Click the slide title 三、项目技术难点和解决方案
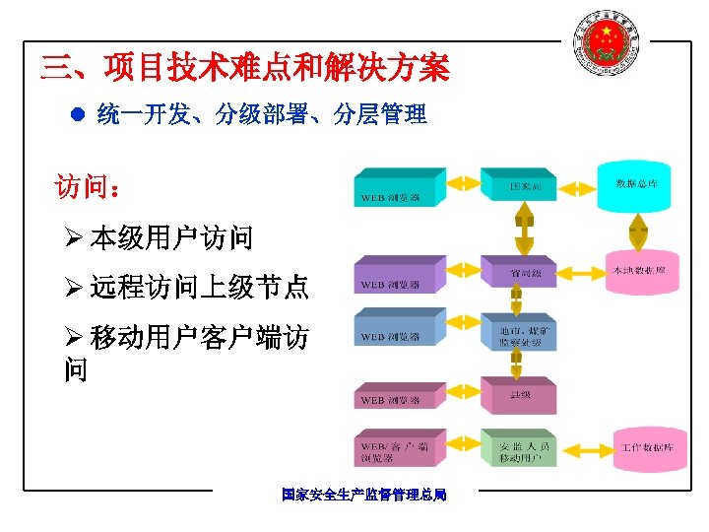244,68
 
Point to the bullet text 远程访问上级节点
198,288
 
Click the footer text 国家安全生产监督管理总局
363,495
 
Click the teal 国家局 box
518,184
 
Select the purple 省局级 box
518,271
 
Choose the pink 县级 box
518,395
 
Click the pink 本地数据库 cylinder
639,270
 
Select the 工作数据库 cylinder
646,448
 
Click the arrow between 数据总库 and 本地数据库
639,231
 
